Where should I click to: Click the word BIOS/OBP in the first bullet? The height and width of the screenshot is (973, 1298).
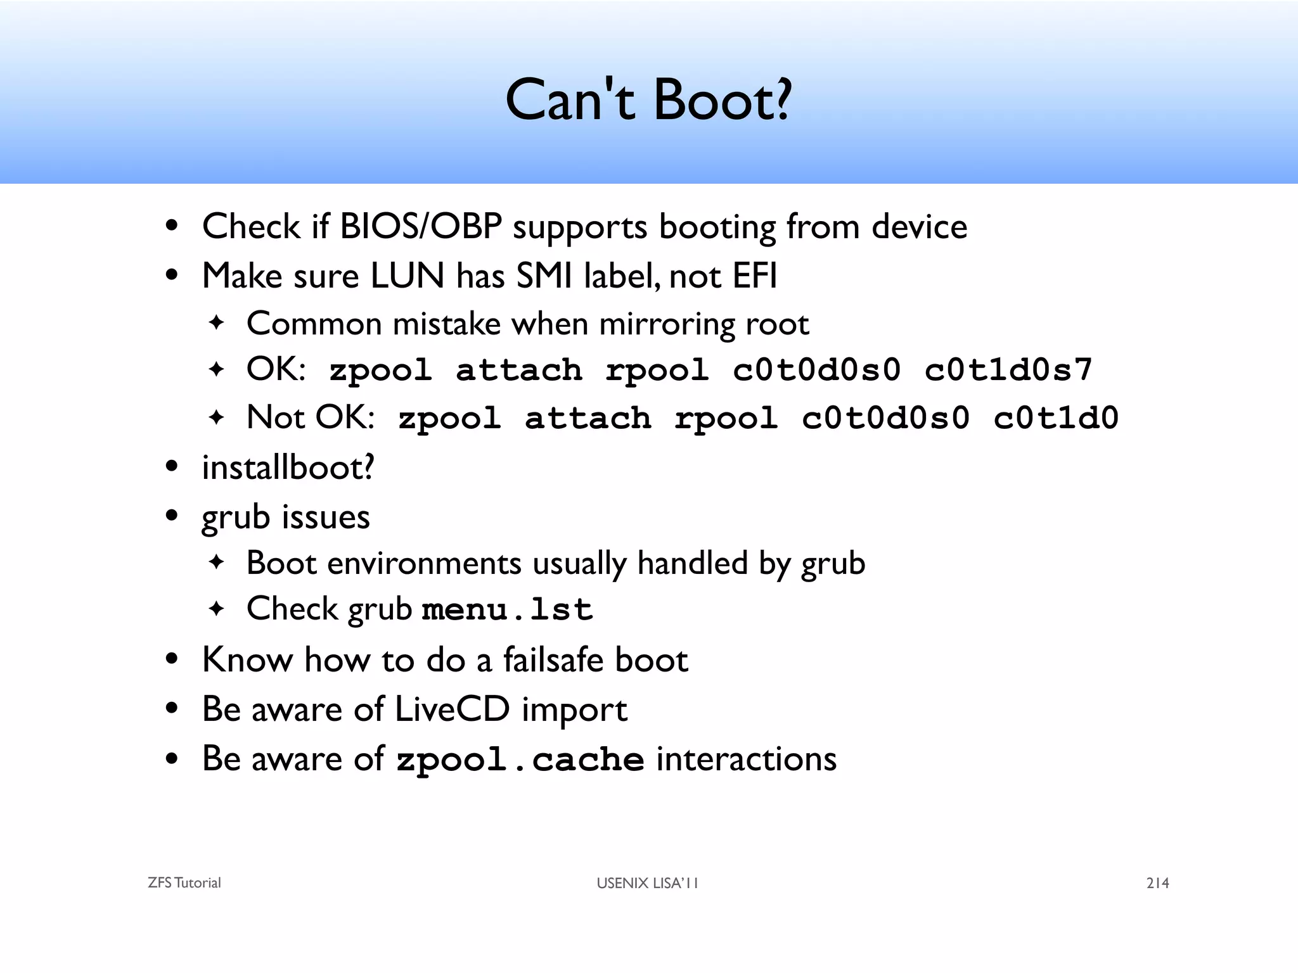coord(421,226)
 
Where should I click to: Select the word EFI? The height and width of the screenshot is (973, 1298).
coord(754,276)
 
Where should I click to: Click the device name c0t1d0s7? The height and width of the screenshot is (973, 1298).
coord(1008,370)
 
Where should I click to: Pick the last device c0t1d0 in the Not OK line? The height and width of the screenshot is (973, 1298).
coord(1056,418)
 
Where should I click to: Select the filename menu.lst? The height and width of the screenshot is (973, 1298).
coord(507,609)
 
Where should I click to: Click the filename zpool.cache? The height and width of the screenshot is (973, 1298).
coord(520,759)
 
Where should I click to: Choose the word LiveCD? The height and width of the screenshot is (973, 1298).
coord(452,709)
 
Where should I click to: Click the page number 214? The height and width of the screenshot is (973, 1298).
coord(1157,883)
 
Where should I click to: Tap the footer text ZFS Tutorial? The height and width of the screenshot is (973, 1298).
coord(184,883)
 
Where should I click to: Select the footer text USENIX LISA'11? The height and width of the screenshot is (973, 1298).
coord(647,883)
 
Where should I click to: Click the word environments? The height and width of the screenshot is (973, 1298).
coord(424,563)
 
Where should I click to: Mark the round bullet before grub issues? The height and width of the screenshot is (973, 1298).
coord(171,516)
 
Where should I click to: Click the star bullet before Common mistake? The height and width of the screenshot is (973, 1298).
coord(217,322)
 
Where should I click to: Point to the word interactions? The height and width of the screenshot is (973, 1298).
coord(746,759)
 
